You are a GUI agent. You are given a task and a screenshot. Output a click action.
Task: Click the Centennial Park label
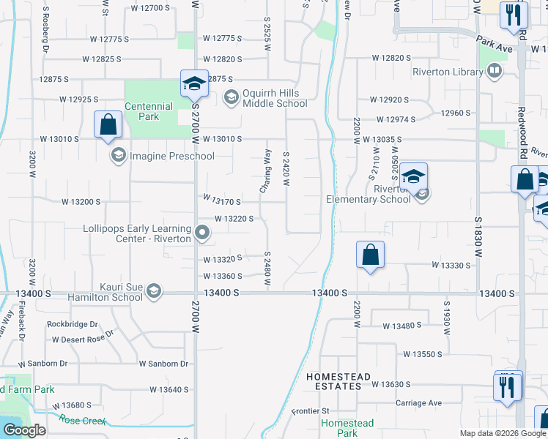click(149, 111)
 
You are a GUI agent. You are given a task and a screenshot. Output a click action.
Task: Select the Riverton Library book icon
click(495, 72)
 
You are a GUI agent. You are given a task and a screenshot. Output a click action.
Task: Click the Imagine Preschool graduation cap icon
click(118, 155)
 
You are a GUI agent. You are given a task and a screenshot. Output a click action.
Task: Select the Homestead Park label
click(347, 428)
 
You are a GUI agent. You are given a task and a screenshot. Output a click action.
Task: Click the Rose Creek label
click(83, 420)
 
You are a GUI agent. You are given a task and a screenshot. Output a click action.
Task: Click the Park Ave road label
click(494, 42)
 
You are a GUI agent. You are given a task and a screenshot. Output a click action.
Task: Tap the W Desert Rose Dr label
click(83, 339)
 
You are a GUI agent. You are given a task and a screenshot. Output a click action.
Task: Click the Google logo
click(24, 430)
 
